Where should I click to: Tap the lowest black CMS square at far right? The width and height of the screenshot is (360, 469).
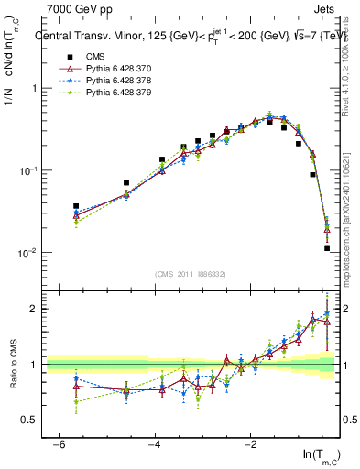(327, 248)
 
